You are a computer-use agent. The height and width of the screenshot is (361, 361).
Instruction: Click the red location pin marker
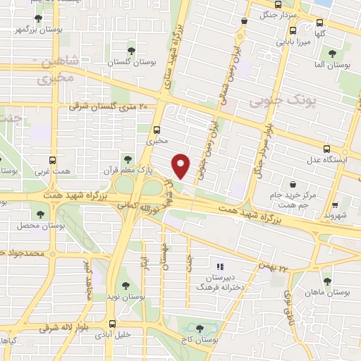tap(181, 166)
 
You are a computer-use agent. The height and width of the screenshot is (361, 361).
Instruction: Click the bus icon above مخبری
tap(157, 130)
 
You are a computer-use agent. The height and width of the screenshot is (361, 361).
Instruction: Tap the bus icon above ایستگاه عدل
tap(326, 149)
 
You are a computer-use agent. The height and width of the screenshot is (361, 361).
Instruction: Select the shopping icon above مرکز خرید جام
tap(271, 180)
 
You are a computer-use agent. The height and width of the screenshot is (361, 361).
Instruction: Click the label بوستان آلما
tap(336, 64)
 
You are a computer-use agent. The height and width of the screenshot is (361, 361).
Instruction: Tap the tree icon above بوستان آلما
tap(332, 53)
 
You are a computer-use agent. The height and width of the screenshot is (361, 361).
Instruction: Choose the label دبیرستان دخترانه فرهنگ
tap(220, 283)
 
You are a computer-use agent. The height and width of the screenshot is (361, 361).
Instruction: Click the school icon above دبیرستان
tap(220, 267)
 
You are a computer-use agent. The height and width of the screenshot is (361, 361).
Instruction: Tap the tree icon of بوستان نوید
tap(126, 286)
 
